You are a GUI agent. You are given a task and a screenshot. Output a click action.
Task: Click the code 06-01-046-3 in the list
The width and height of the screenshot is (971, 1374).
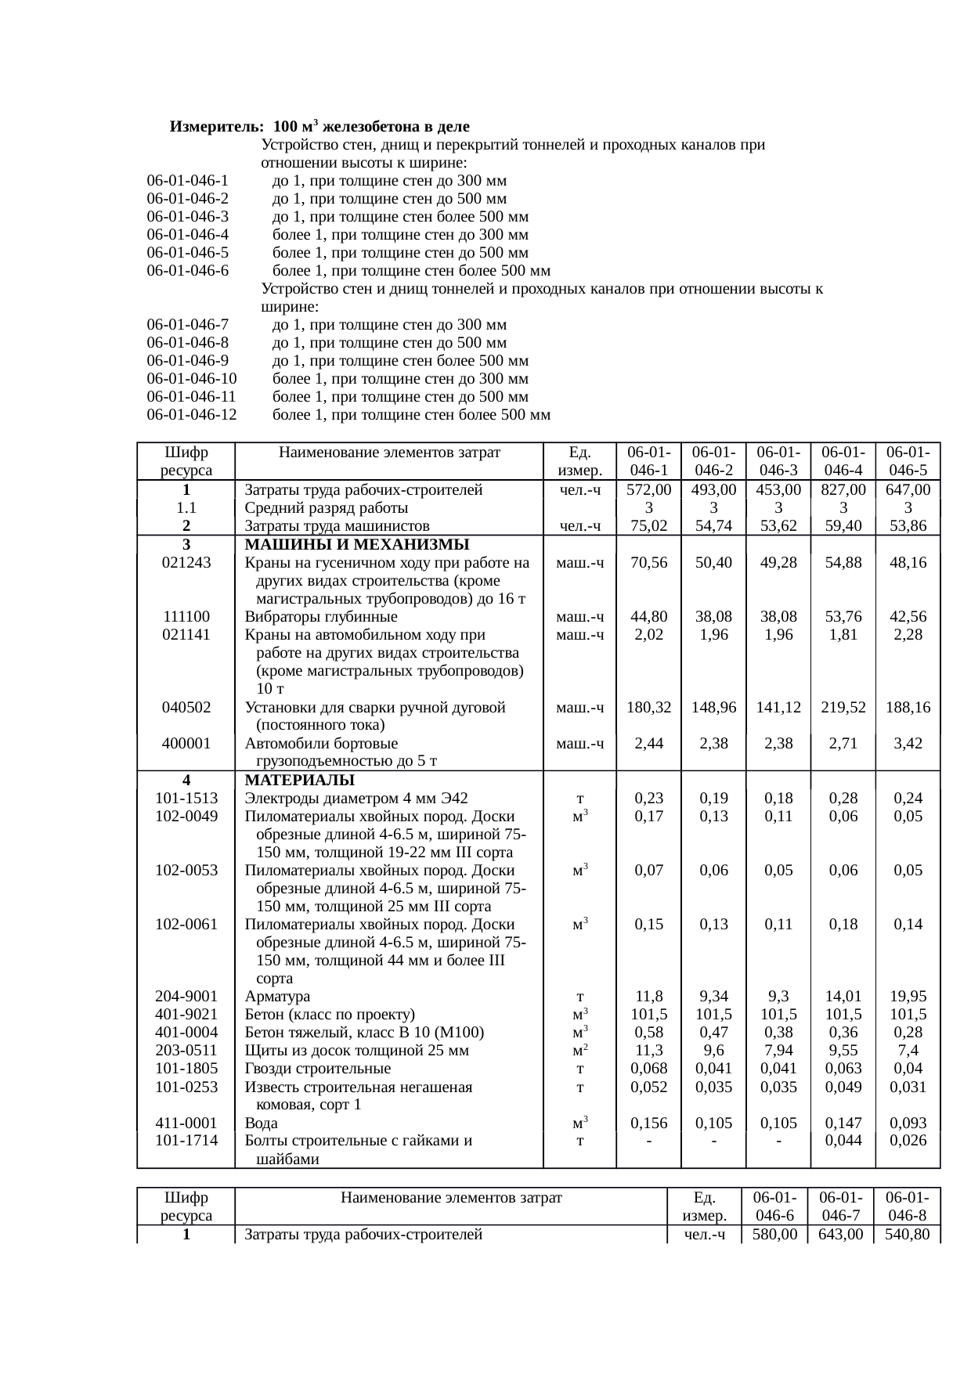click(187, 217)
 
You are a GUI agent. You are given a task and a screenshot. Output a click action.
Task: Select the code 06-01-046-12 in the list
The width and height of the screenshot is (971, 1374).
click(191, 415)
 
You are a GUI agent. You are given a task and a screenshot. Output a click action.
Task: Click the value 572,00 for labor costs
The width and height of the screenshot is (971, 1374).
click(649, 490)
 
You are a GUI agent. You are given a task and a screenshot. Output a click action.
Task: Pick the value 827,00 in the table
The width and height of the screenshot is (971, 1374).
click(843, 490)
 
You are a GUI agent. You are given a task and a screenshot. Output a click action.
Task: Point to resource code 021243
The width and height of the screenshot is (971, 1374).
click(186, 563)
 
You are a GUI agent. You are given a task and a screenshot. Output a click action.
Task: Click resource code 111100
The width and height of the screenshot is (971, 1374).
click(186, 617)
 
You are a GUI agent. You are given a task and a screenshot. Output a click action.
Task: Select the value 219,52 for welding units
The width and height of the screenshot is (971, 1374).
click(843, 708)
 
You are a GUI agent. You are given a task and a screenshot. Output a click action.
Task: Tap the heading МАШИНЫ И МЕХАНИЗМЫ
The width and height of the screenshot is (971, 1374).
click(357, 545)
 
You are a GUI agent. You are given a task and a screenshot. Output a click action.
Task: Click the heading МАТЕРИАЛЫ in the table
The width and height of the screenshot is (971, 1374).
click(299, 781)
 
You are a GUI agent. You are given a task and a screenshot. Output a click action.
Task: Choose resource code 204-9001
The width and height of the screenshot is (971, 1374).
click(186, 997)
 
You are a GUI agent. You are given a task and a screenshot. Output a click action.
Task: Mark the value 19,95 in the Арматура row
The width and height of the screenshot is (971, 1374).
click(908, 997)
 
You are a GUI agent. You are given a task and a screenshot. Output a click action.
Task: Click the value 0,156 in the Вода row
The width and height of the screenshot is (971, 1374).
click(649, 1123)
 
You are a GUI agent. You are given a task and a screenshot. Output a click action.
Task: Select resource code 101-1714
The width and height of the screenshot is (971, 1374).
click(186, 1141)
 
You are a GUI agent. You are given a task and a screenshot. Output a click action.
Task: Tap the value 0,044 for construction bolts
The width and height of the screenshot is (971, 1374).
click(843, 1141)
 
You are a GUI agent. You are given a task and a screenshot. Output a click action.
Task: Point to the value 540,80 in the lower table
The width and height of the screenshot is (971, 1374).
click(907, 1235)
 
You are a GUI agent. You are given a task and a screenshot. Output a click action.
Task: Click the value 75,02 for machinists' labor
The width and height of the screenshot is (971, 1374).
click(649, 526)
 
